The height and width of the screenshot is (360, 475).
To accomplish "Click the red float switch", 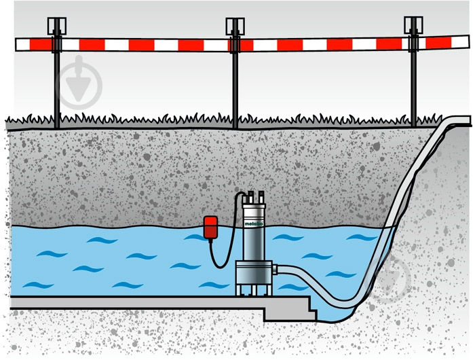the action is pos(210,227).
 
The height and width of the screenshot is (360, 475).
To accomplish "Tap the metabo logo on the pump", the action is pos(254,223).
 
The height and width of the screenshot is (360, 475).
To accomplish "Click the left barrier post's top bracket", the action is pos(56,26).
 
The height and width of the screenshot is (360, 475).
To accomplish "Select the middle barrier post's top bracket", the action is pos(235,26).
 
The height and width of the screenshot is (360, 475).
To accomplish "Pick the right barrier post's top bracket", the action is pos(413,25).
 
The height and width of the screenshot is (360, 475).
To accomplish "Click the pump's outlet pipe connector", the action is pos(275,269).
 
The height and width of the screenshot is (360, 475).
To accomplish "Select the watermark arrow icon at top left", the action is pos(79,82).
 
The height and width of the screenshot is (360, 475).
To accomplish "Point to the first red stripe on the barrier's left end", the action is pos(41,45).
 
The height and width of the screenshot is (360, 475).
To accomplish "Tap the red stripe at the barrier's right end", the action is pos(438,43).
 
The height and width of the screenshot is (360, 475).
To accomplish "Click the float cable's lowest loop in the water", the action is pos(218,266).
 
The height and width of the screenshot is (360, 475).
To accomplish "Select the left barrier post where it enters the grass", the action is pos(56,123).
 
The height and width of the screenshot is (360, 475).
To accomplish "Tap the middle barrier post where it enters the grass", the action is pos(235,123).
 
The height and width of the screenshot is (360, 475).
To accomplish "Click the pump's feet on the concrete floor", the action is pos(254,291).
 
